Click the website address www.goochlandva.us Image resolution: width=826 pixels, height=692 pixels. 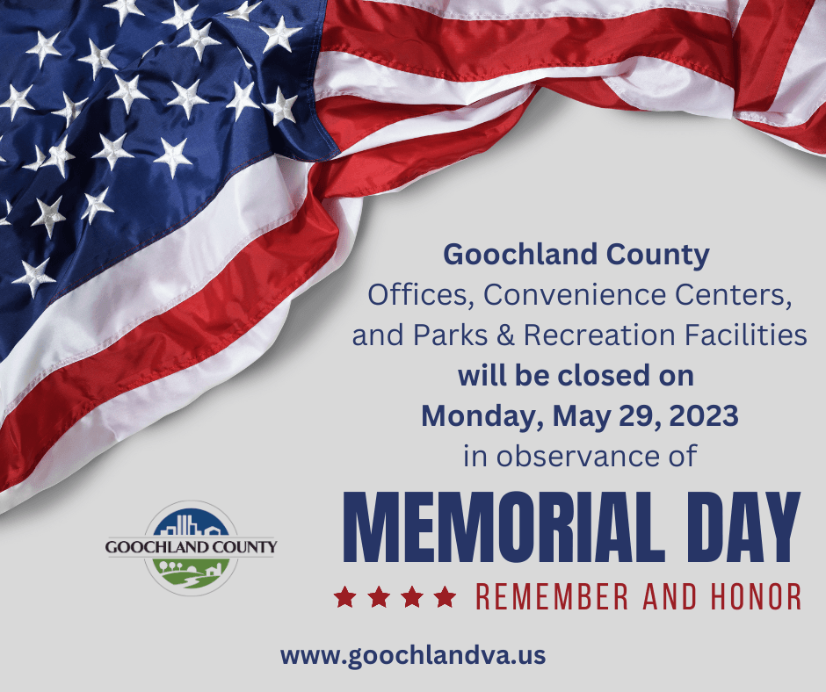[413, 654]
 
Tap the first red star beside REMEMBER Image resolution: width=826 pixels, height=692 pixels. [344, 598]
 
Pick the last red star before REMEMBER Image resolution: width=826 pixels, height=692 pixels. [446, 598]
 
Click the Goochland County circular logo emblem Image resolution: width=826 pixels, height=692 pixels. [191, 547]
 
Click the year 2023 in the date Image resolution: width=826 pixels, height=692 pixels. [706, 415]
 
